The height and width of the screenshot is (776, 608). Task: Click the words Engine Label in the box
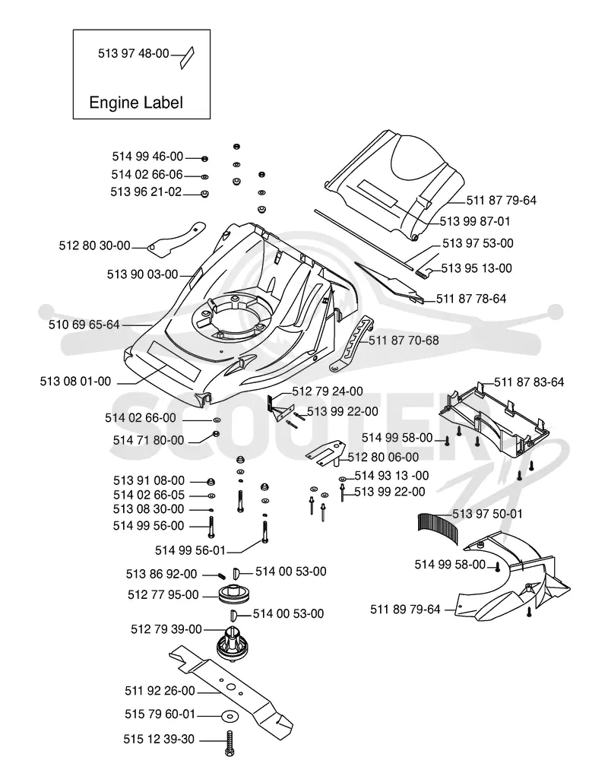[136, 103]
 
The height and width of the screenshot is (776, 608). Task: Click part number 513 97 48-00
[134, 53]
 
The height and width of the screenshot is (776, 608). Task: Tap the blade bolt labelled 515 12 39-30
[229, 743]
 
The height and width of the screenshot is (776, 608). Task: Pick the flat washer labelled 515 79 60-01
[229, 716]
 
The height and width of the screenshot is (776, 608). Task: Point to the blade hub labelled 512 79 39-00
[233, 642]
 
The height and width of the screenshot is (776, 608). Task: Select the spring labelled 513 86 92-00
[222, 575]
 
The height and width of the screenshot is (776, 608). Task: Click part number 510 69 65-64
[84, 325]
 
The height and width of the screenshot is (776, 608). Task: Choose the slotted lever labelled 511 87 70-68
[352, 344]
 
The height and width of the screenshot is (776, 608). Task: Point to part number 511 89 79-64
[405, 610]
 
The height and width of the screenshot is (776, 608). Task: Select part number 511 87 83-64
[529, 382]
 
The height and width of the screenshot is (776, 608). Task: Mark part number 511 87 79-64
[501, 201]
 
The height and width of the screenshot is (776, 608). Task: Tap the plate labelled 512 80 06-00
[325, 454]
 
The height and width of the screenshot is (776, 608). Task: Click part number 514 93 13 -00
[392, 476]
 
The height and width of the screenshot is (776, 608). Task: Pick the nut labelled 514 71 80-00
[216, 435]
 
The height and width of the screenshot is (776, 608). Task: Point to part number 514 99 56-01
[191, 550]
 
